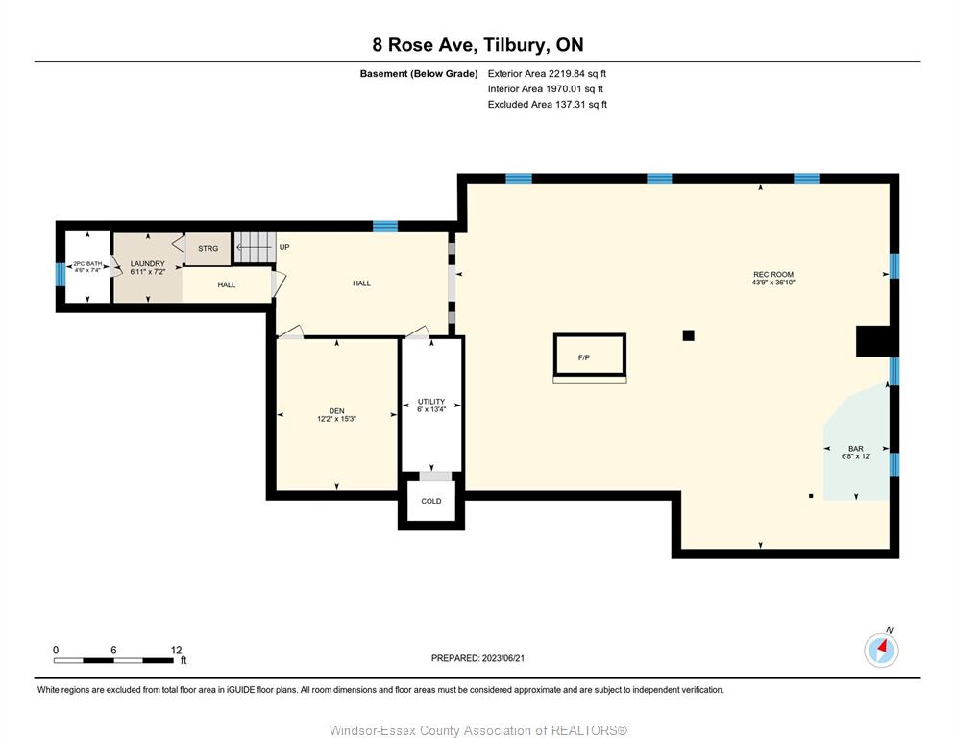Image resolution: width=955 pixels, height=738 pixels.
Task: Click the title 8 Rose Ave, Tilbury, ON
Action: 478,44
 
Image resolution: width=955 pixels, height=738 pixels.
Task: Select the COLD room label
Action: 431,501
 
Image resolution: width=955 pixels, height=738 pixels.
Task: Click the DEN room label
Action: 337,411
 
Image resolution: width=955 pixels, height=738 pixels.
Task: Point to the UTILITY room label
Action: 431,402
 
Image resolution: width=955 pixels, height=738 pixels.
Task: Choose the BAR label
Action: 856,449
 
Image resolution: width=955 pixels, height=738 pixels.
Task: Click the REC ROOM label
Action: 773,274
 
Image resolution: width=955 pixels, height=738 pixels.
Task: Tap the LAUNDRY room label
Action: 147,264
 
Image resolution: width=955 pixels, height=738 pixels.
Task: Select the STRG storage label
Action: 208,249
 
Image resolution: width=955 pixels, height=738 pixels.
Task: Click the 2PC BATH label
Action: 87,264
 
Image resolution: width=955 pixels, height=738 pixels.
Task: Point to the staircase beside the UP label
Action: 255,247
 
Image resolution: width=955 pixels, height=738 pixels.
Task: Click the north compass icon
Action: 881,650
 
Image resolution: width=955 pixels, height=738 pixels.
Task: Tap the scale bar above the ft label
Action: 113,660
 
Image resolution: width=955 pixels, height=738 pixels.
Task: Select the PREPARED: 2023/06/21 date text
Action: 477,658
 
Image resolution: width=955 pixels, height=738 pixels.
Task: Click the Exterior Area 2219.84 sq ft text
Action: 547,74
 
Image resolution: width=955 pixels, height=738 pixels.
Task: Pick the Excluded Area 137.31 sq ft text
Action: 548,104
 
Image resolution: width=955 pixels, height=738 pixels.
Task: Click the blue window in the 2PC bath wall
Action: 61,274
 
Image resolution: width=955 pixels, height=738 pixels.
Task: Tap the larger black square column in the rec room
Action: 688,335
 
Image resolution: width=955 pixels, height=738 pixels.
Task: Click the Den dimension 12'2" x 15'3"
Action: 337,419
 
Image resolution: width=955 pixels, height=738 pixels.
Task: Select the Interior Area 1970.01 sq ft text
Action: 545,89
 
